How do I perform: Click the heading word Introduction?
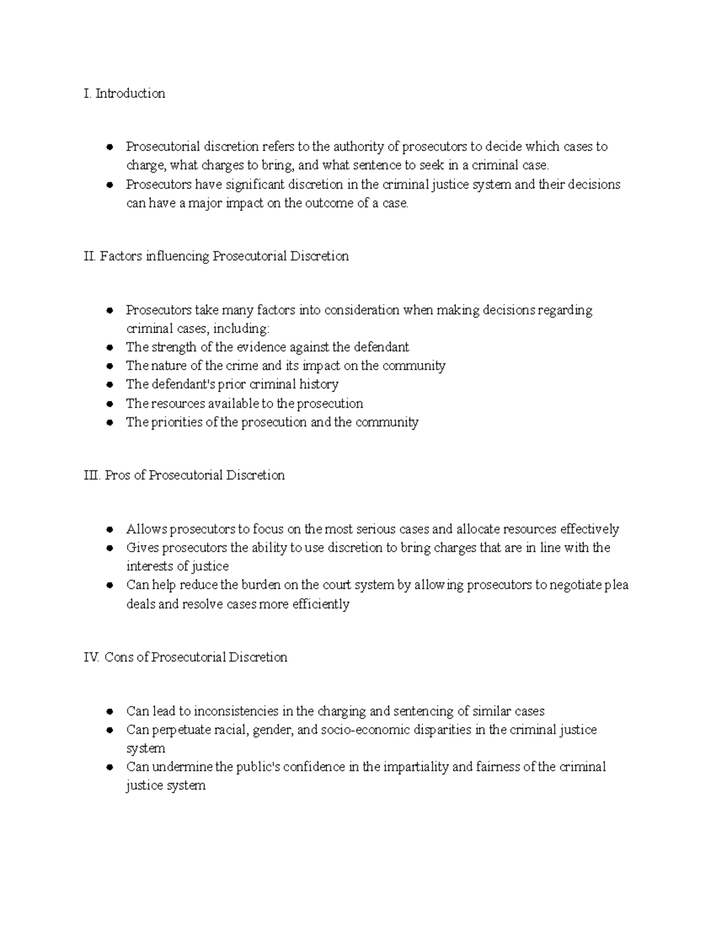(x=130, y=94)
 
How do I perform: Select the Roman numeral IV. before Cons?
(x=91, y=657)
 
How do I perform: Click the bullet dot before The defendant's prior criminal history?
(x=109, y=385)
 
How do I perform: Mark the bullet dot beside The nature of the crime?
(x=109, y=366)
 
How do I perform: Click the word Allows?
(x=147, y=529)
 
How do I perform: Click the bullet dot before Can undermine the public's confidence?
(x=109, y=768)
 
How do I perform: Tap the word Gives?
(x=142, y=548)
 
